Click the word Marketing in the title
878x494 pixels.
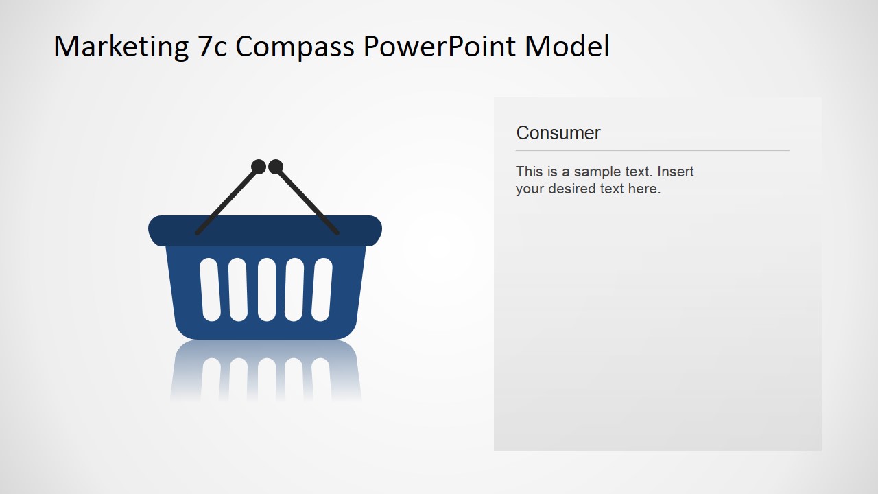[121, 47]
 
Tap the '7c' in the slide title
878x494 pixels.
[212, 47]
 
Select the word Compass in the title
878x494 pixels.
[296, 47]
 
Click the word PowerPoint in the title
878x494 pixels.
[440, 47]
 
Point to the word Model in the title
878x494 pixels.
[567, 47]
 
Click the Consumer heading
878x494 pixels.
[558, 133]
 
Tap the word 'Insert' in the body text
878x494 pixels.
[676, 172]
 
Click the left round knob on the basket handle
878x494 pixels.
[259, 167]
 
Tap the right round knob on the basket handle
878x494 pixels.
[276, 167]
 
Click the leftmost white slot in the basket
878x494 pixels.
[210, 290]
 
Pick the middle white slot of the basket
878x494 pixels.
[266, 290]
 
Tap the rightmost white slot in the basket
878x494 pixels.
[322, 290]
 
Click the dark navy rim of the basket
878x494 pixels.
[265, 231]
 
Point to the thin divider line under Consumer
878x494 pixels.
[652, 150]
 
